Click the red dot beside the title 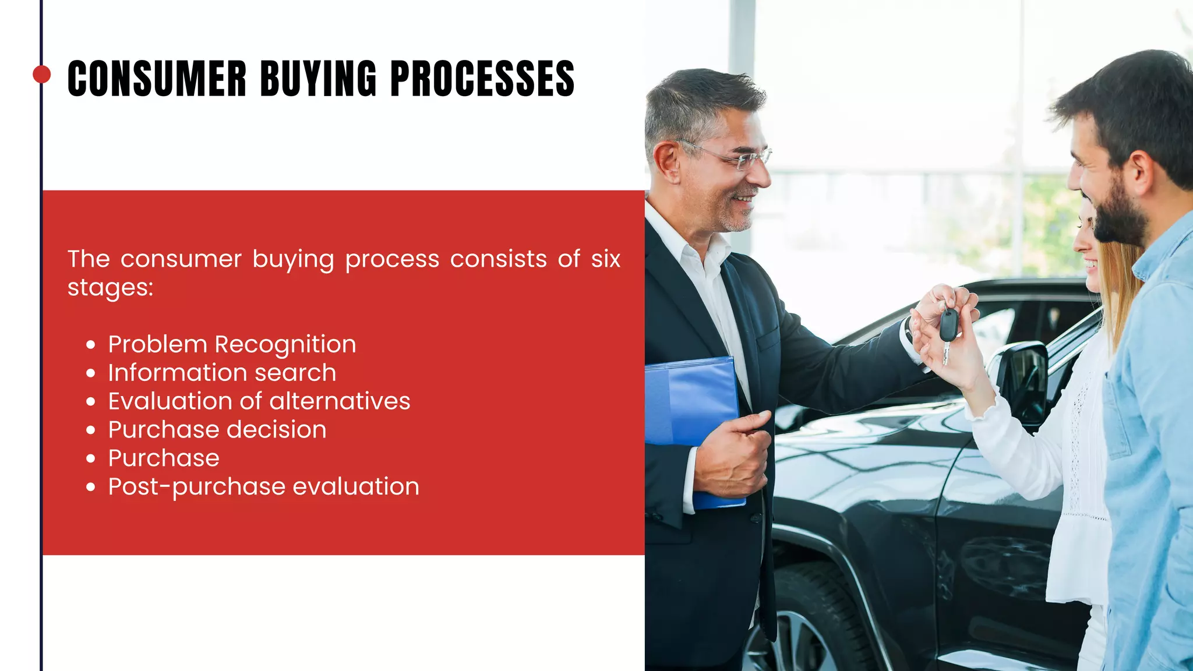(x=41, y=75)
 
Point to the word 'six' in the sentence (x=605, y=259)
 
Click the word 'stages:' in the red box (x=110, y=287)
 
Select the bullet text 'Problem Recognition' (x=232, y=344)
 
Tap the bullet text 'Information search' (x=222, y=373)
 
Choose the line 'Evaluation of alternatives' (x=259, y=401)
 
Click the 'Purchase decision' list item (x=217, y=430)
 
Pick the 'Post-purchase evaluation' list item (x=263, y=487)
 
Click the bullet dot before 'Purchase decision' (x=90, y=430)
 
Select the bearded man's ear (x=1141, y=172)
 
